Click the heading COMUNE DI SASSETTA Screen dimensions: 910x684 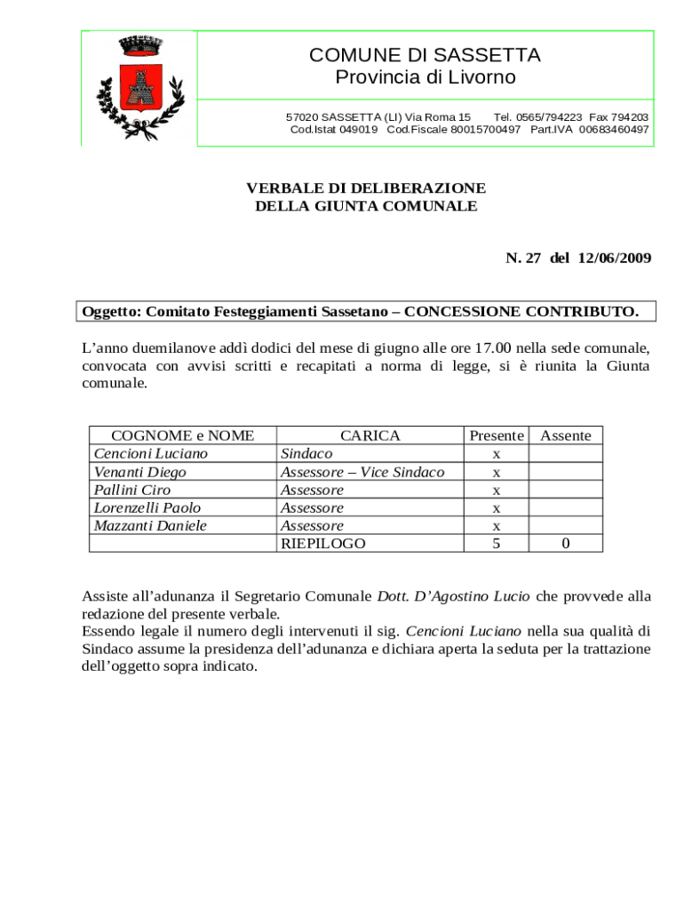click(x=425, y=55)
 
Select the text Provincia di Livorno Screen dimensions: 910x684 click(x=425, y=77)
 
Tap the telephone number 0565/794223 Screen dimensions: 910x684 click(x=537, y=117)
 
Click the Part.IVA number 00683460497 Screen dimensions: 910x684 click(x=614, y=130)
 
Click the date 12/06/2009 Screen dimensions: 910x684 click(x=613, y=258)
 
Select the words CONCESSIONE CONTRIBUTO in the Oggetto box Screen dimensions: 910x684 click(x=521, y=312)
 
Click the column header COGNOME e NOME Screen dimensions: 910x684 click(x=182, y=435)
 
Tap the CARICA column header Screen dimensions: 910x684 click(x=370, y=435)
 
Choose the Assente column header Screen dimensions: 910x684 click(x=565, y=435)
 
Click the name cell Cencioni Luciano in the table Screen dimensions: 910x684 click(x=150, y=453)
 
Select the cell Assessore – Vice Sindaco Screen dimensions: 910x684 click(x=362, y=472)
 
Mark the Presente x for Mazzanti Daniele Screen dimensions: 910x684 click(x=496, y=526)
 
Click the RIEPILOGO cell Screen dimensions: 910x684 click(x=322, y=543)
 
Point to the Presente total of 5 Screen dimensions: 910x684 click(x=496, y=543)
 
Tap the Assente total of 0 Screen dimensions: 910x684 click(x=565, y=544)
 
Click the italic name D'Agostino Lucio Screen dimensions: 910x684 click(x=454, y=595)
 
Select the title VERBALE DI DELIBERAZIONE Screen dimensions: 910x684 click(x=365, y=188)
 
